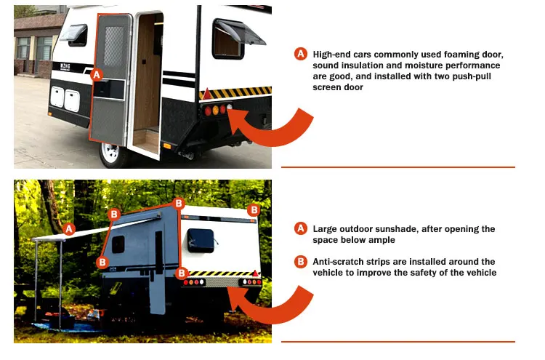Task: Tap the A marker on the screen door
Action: [97, 74]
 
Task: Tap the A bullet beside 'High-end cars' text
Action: [300, 55]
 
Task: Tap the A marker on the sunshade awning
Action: [70, 228]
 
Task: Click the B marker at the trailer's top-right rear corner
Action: [254, 210]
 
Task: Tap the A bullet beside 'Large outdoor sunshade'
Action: [300, 228]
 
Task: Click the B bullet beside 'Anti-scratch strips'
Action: [300, 261]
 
